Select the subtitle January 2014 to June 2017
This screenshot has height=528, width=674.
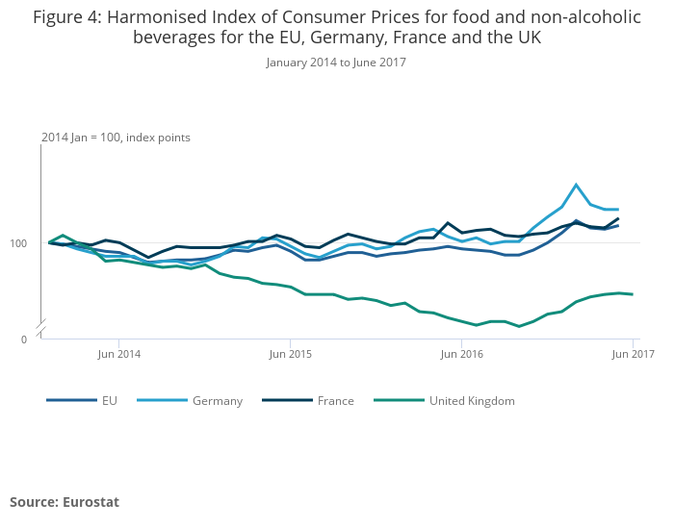(x=336, y=63)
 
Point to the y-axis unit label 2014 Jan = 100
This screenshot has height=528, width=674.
(x=81, y=138)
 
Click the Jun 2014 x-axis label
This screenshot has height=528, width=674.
(x=119, y=354)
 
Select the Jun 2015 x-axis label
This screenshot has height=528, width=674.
(x=291, y=354)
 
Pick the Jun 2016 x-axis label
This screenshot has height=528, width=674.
(x=461, y=354)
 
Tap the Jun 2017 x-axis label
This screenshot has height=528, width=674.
(x=633, y=354)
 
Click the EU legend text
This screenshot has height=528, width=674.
(x=109, y=401)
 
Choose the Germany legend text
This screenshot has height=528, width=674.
(x=217, y=401)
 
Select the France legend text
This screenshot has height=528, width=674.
(x=335, y=401)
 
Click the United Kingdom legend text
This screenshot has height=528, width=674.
(x=472, y=401)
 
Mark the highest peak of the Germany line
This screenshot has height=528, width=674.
(x=576, y=185)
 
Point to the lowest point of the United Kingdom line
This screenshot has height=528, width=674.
(x=519, y=326)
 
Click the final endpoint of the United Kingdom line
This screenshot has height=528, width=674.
(x=632, y=294)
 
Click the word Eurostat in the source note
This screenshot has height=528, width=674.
(x=91, y=502)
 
